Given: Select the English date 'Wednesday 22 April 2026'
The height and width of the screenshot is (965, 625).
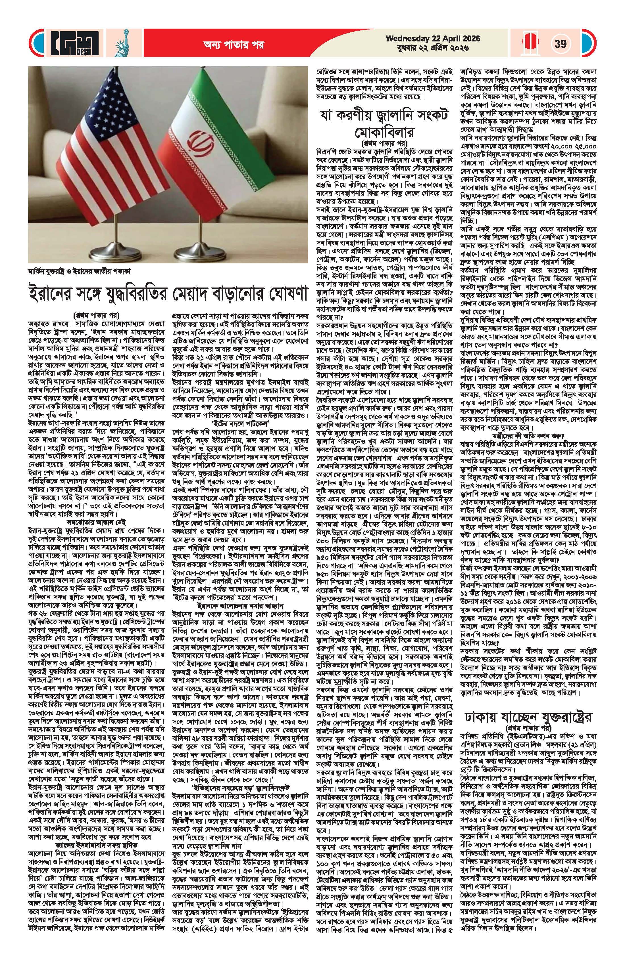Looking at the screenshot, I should [x=433, y=39].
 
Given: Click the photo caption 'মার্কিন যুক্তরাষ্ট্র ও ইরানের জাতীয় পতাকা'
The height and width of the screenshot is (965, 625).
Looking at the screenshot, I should [x=80, y=270].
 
